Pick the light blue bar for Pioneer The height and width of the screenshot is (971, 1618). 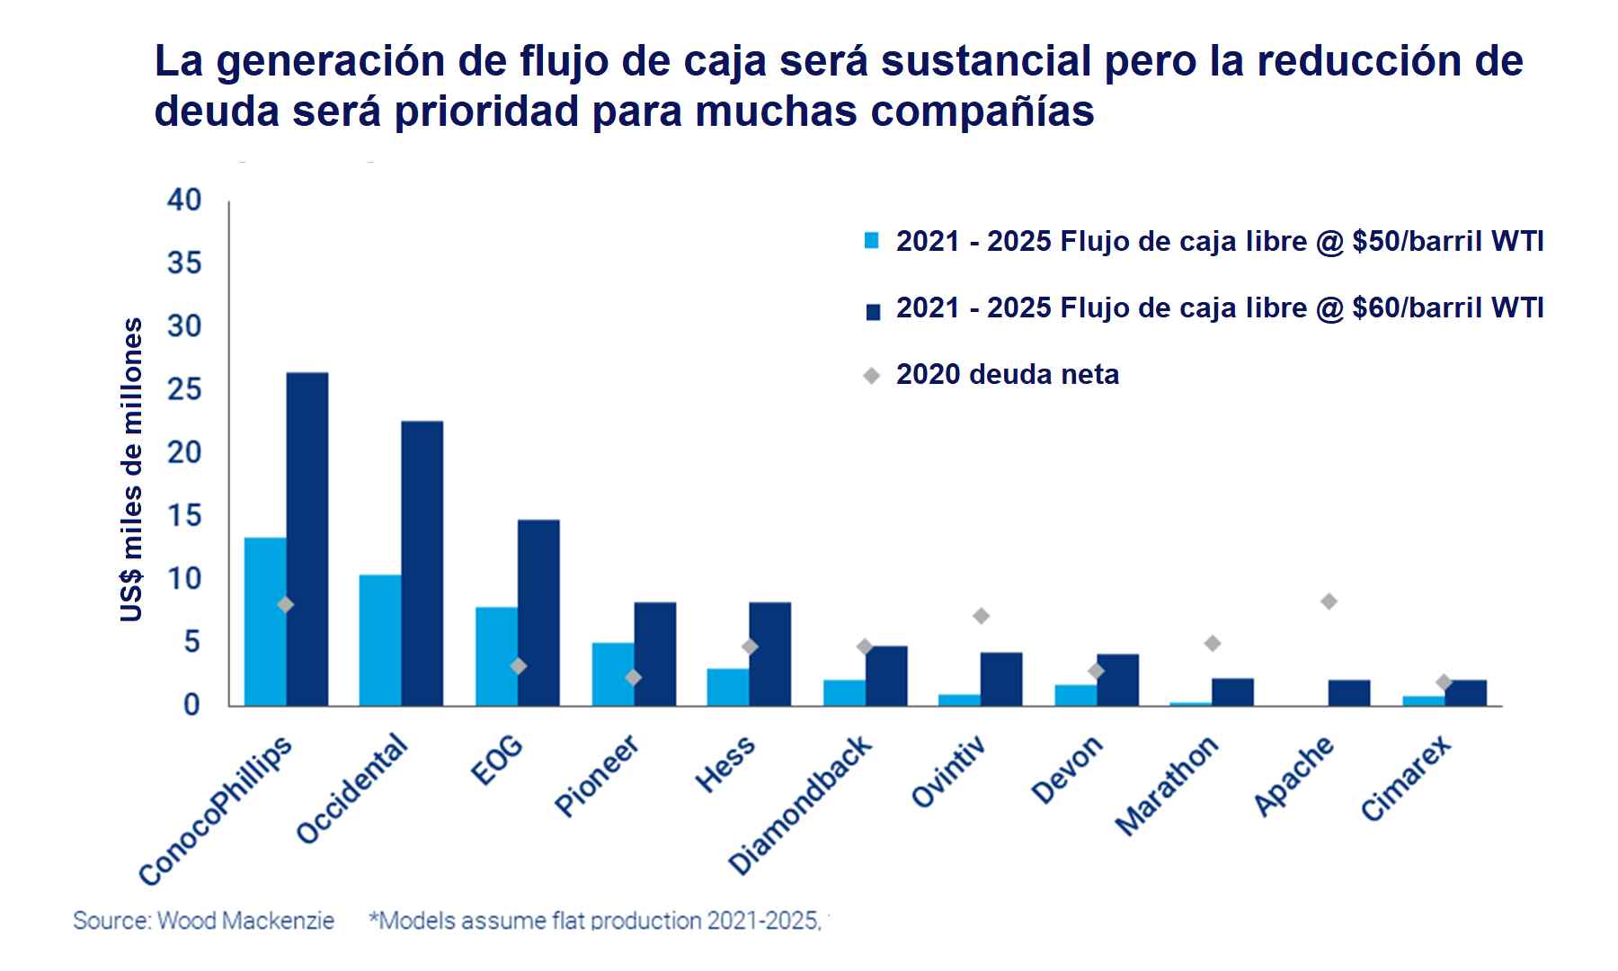(612, 674)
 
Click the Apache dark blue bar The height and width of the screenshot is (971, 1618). (1348, 693)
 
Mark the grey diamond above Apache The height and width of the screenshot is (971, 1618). (1329, 601)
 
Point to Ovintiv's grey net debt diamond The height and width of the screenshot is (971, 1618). (981, 616)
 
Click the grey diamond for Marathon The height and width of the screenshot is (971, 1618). (1212, 643)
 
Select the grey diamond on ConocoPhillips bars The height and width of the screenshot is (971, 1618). (285, 605)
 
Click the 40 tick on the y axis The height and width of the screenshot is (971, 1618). (184, 200)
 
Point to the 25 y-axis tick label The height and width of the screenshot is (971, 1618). (184, 389)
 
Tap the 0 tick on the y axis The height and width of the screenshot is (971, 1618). (191, 706)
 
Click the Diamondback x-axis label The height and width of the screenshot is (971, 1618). (799, 806)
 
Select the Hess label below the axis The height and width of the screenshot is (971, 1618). (725, 765)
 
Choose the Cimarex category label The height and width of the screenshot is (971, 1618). (1405, 779)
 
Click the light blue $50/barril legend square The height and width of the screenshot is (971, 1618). (871, 241)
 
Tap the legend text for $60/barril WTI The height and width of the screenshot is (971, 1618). (1219, 308)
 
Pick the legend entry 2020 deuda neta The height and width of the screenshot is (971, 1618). (1007, 375)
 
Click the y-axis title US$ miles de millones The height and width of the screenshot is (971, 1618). (132, 469)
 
